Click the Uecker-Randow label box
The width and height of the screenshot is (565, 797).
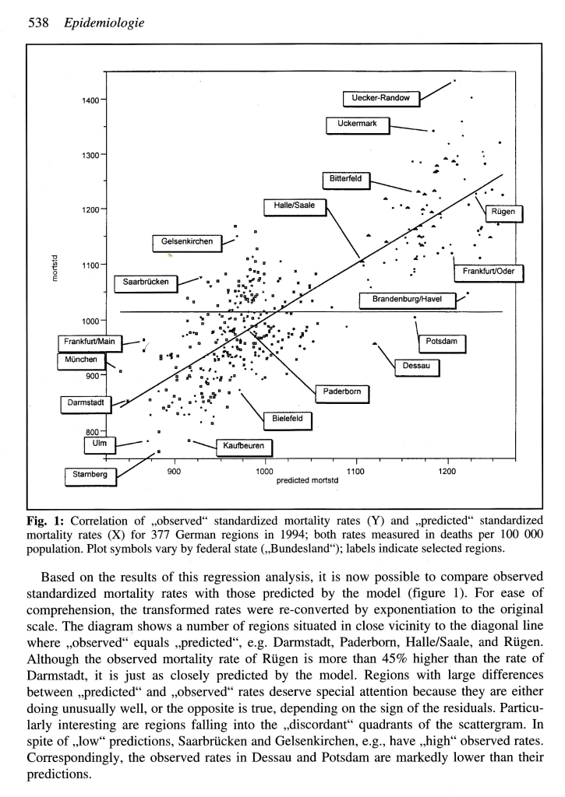click(381, 97)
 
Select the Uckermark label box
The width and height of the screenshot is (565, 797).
click(358, 124)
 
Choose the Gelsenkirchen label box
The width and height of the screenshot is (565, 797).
click(187, 242)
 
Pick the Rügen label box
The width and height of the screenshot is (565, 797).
click(503, 212)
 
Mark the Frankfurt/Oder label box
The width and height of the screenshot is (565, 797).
click(489, 272)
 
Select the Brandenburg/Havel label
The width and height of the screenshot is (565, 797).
click(406, 300)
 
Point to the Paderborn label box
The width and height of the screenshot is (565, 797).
click(342, 391)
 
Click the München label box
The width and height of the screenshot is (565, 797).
click(83, 360)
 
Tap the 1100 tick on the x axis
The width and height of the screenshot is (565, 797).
click(355, 472)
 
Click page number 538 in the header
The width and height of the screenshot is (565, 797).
click(40, 24)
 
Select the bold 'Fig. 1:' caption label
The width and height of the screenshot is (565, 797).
click(44, 518)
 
